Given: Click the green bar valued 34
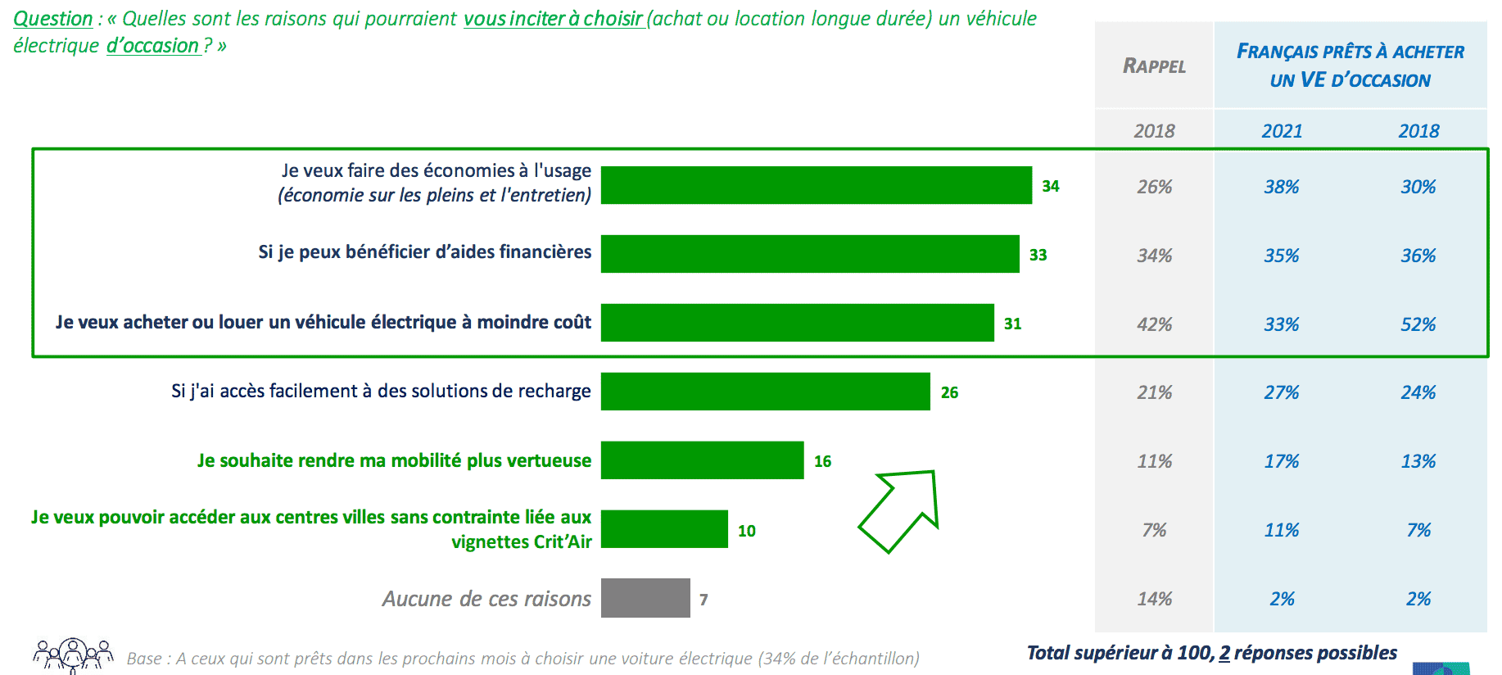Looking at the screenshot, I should pyautogui.click(x=816, y=185).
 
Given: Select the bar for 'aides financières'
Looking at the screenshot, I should pyautogui.click(x=809, y=254).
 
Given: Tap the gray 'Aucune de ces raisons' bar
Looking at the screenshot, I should pyautogui.click(x=645, y=598).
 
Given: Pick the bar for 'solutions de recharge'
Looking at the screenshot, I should pyautogui.click(x=765, y=392).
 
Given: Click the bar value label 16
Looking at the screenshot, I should pyautogui.click(x=822, y=461).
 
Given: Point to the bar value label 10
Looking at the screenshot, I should pyautogui.click(x=746, y=531).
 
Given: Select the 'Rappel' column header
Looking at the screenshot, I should pyautogui.click(x=1154, y=66).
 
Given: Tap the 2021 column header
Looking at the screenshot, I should pyautogui.click(x=1282, y=131).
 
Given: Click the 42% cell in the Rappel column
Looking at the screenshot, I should pyautogui.click(x=1154, y=324).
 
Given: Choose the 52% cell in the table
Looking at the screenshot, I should pyautogui.click(x=1418, y=324).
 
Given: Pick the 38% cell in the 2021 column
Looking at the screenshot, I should pyautogui.click(x=1282, y=187).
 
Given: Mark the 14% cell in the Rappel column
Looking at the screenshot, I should pyautogui.click(x=1154, y=599).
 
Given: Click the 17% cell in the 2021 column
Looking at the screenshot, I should pyautogui.click(x=1282, y=461).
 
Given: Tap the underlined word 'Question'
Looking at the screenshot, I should pyautogui.click(x=53, y=18).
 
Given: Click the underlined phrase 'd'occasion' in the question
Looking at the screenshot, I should pyautogui.click(x=153, y=46).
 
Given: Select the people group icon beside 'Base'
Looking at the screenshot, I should pyautogui.click(x=73, y=655).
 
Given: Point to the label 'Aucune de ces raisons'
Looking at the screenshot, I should pyautogui.click(x=486, y=599).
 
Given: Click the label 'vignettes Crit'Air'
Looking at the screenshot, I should pyautogui.click(x=522, y=542).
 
